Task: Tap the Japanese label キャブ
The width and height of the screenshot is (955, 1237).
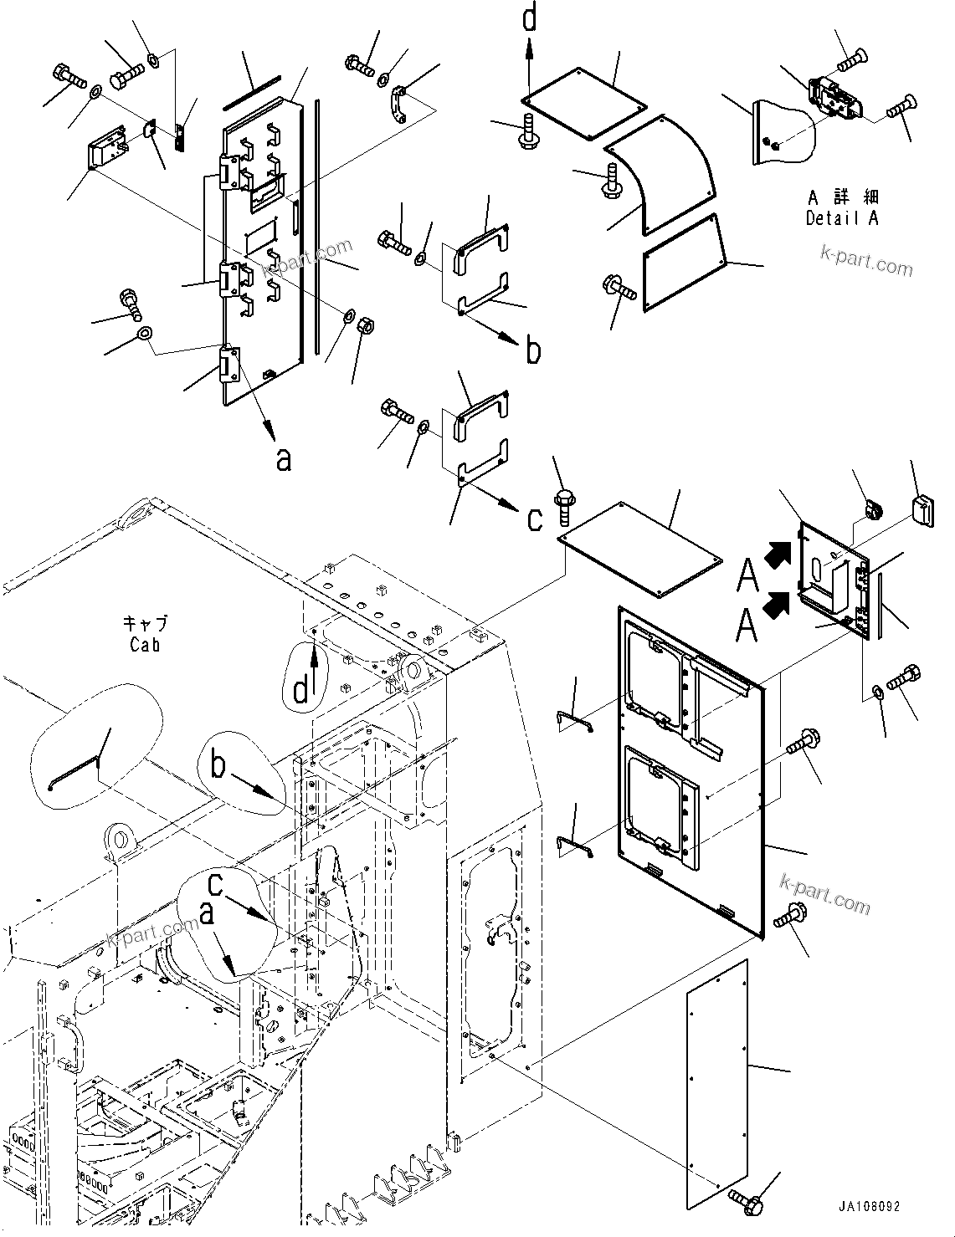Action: (146, 624)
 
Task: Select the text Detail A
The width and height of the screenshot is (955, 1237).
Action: (842, 218)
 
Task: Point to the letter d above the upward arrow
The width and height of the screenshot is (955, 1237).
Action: (529, 18)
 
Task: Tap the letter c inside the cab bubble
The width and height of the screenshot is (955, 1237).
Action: (215, 882)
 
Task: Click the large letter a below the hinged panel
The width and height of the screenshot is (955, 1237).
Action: (284, 459)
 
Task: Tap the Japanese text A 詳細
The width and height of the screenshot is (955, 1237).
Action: (842, 198)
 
